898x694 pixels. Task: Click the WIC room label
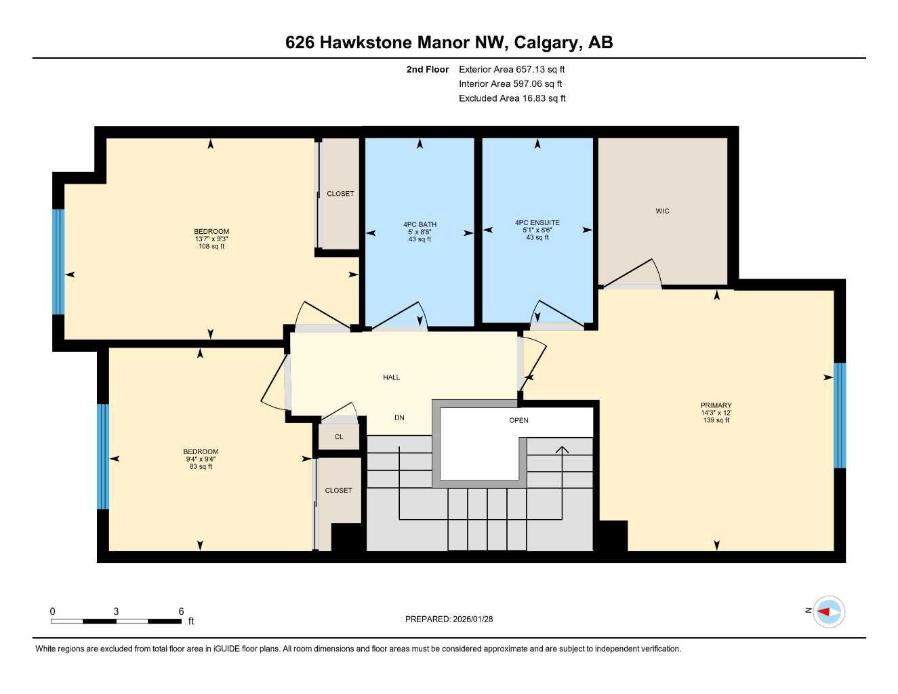point(662,211)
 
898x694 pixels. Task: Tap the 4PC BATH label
point(420,224)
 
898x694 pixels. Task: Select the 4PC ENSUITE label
point(537,222)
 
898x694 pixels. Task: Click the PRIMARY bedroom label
point(716,405)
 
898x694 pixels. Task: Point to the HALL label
point(391,377)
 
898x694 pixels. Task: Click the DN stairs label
point(399,417)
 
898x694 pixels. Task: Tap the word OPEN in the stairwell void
point(518,420)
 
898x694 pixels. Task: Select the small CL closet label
point(339,437)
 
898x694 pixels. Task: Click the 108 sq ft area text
point(211,247)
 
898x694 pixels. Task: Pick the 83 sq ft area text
point(201,466)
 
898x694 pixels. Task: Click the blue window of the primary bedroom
point(839,415)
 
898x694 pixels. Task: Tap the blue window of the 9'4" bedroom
point(103,456)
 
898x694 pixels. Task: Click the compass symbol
point(828,611)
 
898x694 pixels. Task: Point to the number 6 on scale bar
point(181,611)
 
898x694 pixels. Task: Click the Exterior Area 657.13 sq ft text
point(511,69)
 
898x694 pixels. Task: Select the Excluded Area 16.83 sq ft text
point(512,98)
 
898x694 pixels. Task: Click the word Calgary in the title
point(546,43)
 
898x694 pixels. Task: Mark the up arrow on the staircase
point(563,450)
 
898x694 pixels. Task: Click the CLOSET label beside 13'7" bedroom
point(340,193)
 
